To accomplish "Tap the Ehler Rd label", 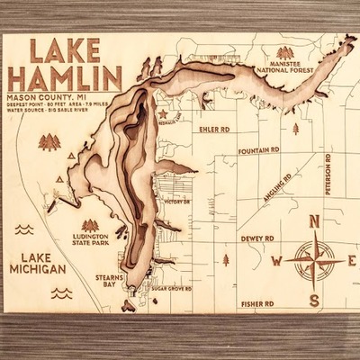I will coord(213,129).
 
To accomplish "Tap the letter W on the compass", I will coord(277,261).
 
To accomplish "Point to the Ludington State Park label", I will coord(89,243).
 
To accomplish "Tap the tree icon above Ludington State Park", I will coord(90,225).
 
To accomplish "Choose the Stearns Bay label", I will coord(110,284).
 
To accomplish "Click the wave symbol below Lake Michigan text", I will coord(62,292).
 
